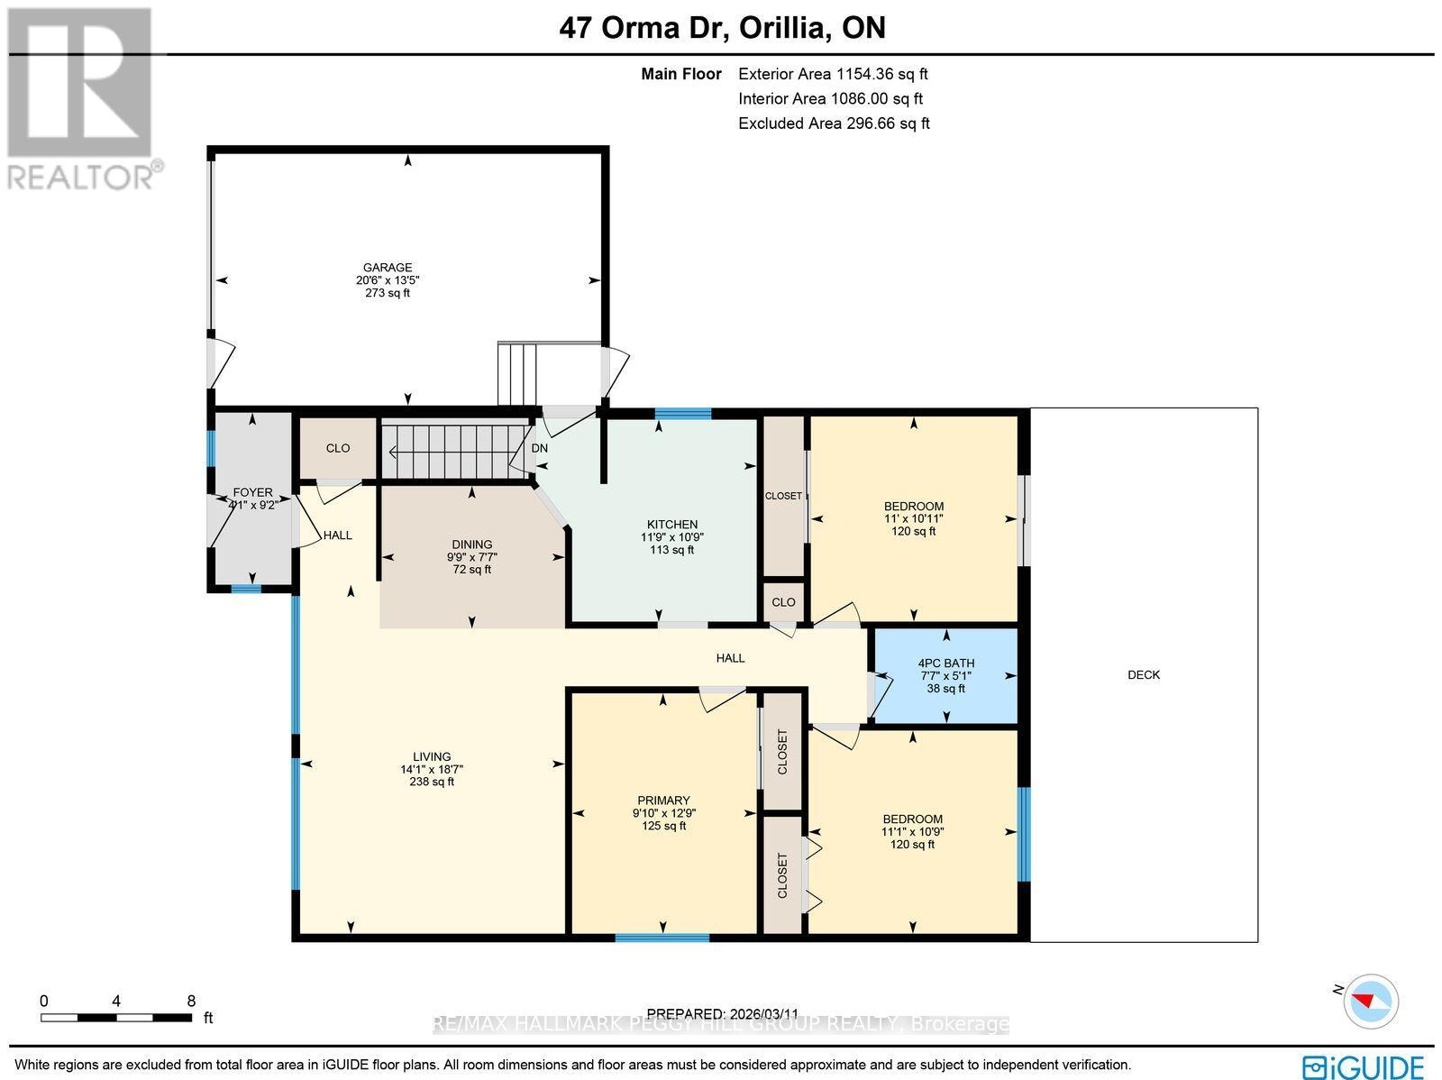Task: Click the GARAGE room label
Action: [388, 267]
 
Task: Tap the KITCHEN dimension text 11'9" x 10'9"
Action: [671, 537]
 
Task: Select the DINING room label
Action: [471, 544]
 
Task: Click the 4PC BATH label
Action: [945, 663]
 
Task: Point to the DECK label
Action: [1143, 674]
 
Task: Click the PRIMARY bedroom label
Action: [663, 800]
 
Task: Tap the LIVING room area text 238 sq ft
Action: [432, 783]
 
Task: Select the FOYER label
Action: [252, 492]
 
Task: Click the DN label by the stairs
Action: [539, 448]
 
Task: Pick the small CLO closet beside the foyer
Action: [338, 448]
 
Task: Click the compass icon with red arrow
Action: [1372, 1001]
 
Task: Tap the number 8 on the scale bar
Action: [190, 1001]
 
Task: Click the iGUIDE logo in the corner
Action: [1364, 1066]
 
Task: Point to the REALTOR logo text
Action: [86, 176]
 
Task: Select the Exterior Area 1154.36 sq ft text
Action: [833, 75]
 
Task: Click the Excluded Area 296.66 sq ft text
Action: [834, 124]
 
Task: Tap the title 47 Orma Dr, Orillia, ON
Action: [722, 27]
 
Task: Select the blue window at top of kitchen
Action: [682, 414]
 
